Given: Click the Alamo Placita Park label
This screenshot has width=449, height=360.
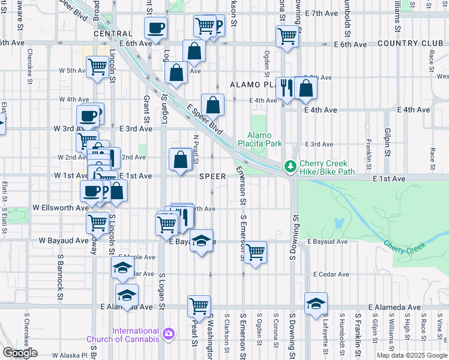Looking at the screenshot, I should pos(265,139).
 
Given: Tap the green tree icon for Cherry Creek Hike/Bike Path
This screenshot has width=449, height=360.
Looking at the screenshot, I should pos(291,164).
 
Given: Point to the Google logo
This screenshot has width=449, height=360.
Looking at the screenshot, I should pos(19,353).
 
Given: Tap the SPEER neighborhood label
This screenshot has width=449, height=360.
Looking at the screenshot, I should pos(212,176).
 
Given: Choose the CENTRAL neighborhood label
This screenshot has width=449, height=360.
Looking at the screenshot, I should pos(113,34).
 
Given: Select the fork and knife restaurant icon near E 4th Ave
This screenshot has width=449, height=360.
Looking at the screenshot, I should pos(287,88).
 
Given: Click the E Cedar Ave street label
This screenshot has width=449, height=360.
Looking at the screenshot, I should pos(331,274).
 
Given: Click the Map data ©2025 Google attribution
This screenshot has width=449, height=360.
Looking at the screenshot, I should pos(411,355).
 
